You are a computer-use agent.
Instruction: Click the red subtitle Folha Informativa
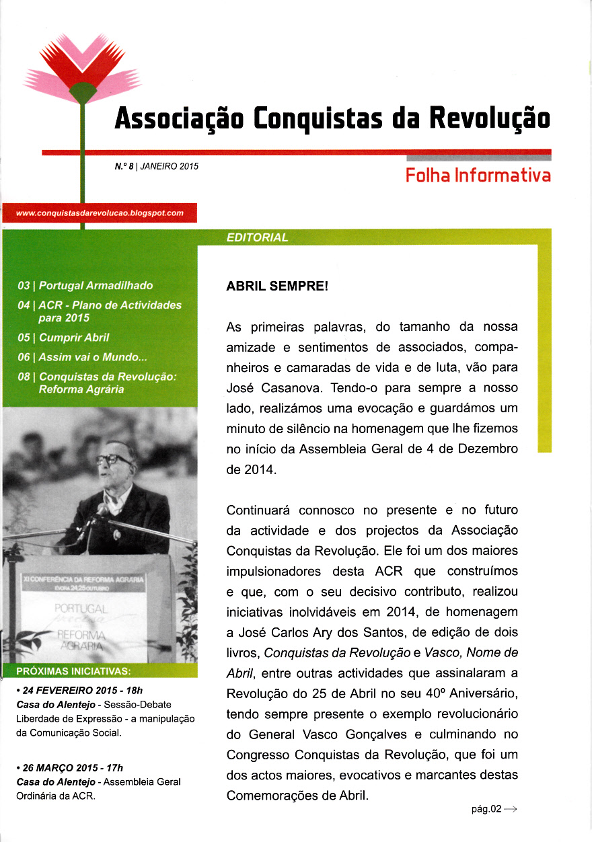pyautogui.click(x=478, y=176)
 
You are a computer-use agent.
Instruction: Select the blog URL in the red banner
pyautogui.click(x=100, y=213)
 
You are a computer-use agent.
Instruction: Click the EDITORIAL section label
pyautogui.click(x=258, y=237)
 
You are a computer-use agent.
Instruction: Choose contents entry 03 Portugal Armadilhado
pyautogui.click(x=85, y=286)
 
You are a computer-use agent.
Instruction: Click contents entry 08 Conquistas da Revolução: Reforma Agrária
pyautogui.click(x=97, y=383)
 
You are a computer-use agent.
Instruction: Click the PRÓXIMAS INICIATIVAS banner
pyautogui.click(x=73, y=671)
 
